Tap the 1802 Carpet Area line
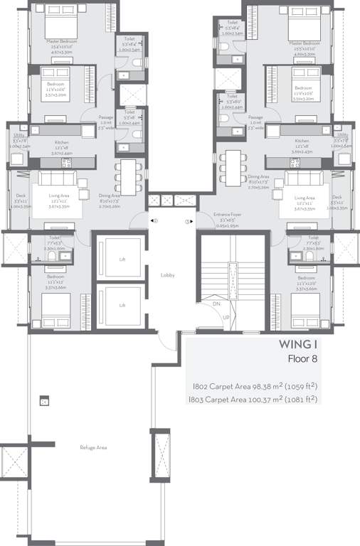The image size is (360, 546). coord(253,386)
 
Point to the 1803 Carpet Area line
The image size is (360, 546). coord(253,400)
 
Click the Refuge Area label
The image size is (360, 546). coord(92,448)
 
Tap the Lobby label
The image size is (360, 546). coord(168,274)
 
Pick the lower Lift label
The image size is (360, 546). coord(122,305)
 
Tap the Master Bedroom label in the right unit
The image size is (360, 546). coord(305,43)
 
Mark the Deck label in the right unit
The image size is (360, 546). coord(337,197)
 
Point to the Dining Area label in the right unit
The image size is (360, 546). coord(238,176)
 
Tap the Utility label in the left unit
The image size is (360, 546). coord(18,135)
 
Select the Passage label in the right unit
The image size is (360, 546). coord(256,117)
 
